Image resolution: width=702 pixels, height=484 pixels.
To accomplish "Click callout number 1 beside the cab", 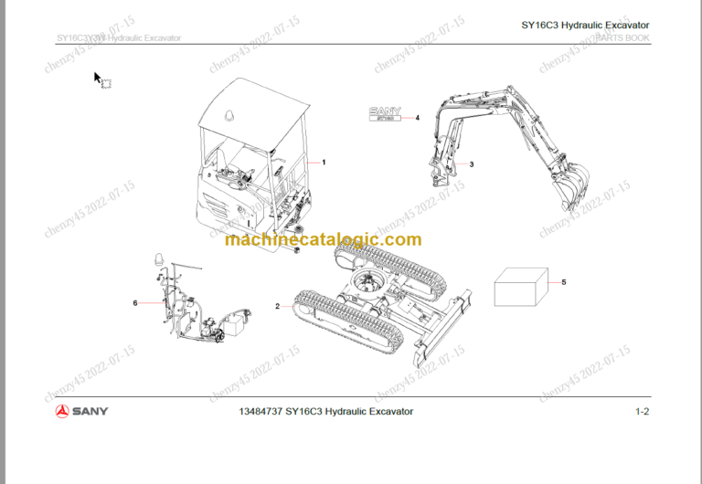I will coord(324,162).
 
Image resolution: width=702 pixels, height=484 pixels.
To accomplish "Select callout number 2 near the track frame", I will coord(277,306).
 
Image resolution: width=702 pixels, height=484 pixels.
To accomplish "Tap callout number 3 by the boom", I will coord(471,164).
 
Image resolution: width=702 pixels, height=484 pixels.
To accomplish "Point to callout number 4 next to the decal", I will coord(417,118).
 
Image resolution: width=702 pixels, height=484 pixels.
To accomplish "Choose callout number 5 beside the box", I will coord(563,282).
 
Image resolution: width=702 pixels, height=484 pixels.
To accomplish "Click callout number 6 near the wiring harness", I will coord(135,303).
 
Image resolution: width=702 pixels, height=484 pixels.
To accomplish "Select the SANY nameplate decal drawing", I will coord(385,116).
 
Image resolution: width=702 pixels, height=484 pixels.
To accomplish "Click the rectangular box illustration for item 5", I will coord(520,289).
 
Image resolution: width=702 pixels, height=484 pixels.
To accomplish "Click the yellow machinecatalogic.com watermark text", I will coord(323,240).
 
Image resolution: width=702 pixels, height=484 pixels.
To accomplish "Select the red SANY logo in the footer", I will coord(81,411).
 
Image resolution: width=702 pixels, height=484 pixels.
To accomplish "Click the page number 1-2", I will coord(642,412).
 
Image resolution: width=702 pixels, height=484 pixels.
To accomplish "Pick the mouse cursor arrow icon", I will coord(99,79).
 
